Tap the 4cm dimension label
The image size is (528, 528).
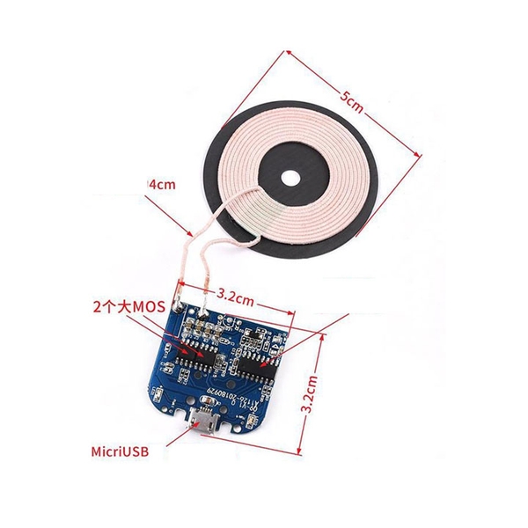161,186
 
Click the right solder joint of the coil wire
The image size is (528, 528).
204,311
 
